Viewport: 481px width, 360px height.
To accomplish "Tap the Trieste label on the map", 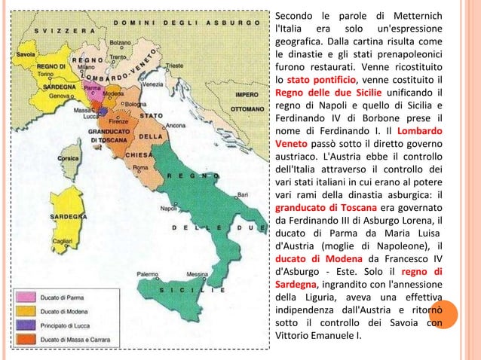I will click(175, 66).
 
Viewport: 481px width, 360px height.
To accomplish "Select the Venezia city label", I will click(152, 84).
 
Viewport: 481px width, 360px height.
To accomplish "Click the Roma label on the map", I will click(139, 167).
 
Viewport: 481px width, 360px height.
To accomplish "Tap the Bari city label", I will click(243, 194).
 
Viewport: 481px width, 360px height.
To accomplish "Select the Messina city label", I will click(197, 274).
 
